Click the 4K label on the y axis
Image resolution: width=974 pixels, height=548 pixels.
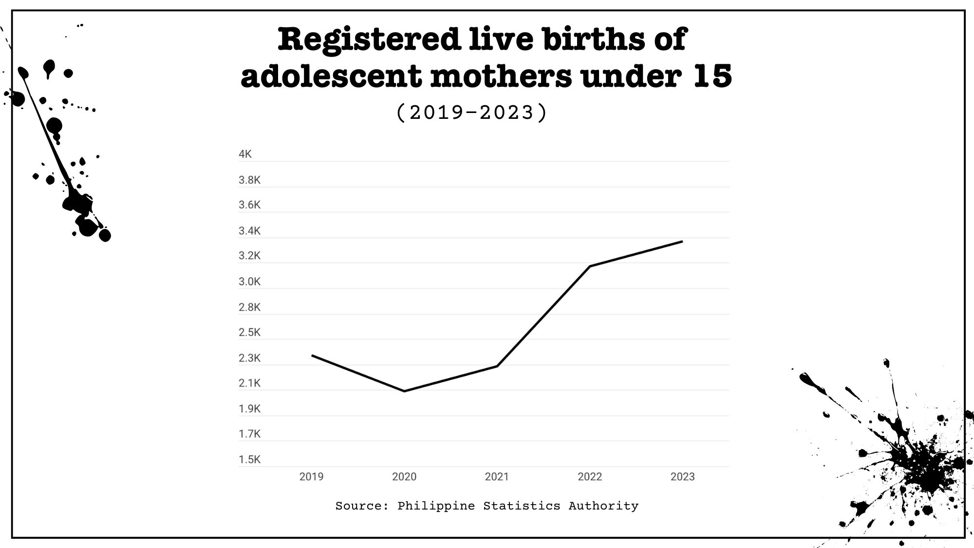[245, 154]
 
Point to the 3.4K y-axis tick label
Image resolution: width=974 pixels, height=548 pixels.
[249, 231]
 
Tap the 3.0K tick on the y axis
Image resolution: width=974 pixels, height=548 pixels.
[249, 282]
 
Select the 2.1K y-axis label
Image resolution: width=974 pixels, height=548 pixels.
[249, 383]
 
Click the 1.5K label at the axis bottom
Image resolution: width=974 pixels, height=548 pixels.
[249, 459]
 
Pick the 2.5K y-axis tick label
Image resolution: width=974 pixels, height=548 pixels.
[249, 332]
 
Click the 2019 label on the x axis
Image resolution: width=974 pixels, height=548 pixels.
[311, 476]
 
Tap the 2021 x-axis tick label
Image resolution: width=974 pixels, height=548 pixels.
[497, 476]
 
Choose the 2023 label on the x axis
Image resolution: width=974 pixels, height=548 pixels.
[682, 476]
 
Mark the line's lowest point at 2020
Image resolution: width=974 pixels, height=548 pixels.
[404, 391]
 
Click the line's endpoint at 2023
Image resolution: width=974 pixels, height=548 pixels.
[682, 242]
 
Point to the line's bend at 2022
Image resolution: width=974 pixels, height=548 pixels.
[590, 266]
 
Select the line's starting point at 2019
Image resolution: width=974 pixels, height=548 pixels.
[312, 356]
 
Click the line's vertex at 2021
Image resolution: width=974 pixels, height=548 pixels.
[497, 366]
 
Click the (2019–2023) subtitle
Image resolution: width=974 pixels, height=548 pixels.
[472, 113]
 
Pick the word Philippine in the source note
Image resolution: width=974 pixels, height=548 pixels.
[436, 506]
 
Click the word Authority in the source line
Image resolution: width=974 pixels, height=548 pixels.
[603, 506]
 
